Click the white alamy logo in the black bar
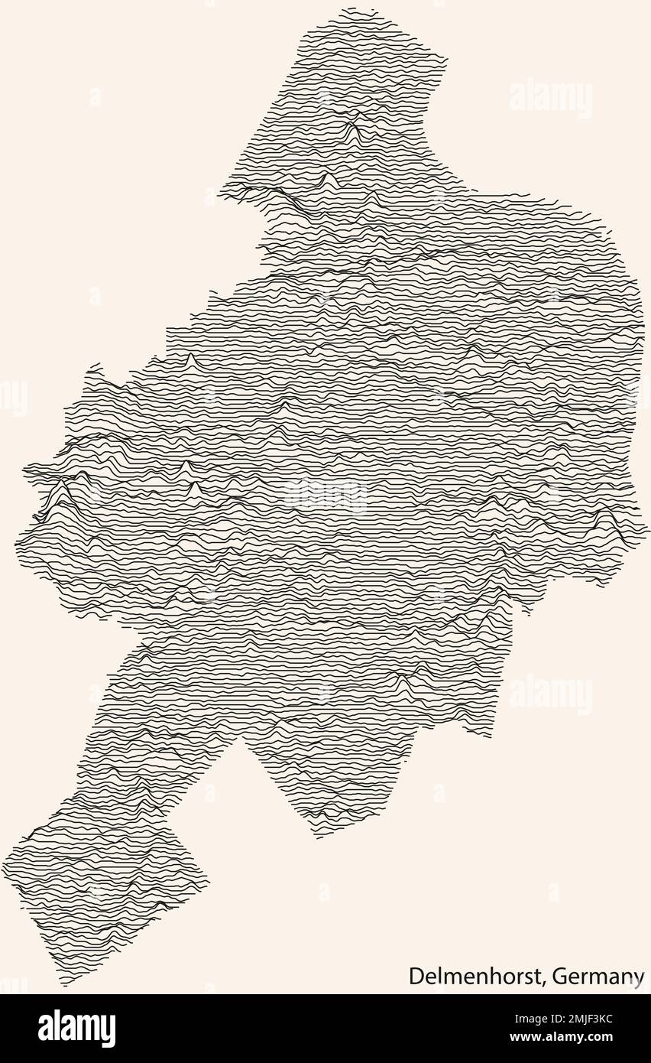click(76, 1029)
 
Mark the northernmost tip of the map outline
click(349, 9)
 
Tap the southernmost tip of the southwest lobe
click(66, 985)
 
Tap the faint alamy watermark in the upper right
click(550, 98)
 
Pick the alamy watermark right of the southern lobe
click(550, 694)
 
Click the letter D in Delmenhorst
click(415, 976)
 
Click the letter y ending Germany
click(639, 979)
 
